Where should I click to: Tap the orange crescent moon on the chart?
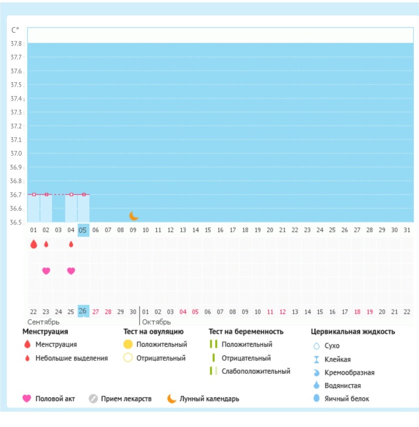pos(133,216)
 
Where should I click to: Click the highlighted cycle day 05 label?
pos(83,230)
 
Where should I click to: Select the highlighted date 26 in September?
pos(83,312)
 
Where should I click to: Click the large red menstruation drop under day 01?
pos(34,244)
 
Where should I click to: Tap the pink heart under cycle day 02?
pos(46,271)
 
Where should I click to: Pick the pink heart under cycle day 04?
pos(71,271)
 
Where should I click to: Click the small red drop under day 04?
pos(71,244)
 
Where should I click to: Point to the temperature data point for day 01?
pos(34,195)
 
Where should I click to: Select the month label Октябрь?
pos(157,322)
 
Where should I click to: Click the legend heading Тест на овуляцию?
pos(153,332)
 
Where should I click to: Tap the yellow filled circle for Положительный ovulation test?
pos(128,344)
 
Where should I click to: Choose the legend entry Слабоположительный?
pos(256,372)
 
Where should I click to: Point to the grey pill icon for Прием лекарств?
pos(93,399)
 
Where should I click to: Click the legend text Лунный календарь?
pos(209,399)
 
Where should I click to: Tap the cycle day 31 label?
pos(407,230)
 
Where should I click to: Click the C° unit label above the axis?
pos(15,30)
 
